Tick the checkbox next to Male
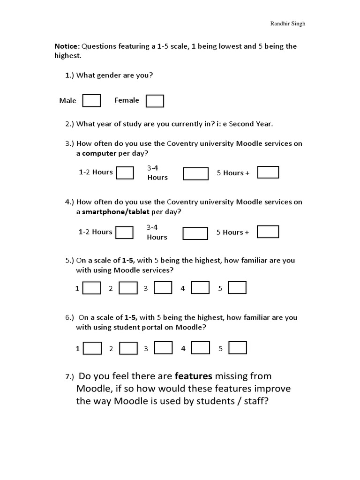(x=91, y=101)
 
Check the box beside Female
(x=155, y=101)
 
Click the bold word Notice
(x=67, y=46)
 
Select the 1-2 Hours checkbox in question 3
(x=125, y=172)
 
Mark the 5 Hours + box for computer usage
(x=268, y=172)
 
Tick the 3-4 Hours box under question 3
(x=195, y=174)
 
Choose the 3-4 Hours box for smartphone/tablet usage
(x=195, y=233)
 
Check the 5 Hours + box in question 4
(x=268, y=232)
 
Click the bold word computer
(x=99, y=153)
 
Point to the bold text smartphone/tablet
(x=116, y=212)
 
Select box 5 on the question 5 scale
(x=237, y=287)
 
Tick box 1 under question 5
(x=92, y=288)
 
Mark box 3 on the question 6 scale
(x=163, y=347)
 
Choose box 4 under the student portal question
(x=200, y=347)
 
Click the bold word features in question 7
(x=194, y=376)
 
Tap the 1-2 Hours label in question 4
(x=96, y=232)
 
